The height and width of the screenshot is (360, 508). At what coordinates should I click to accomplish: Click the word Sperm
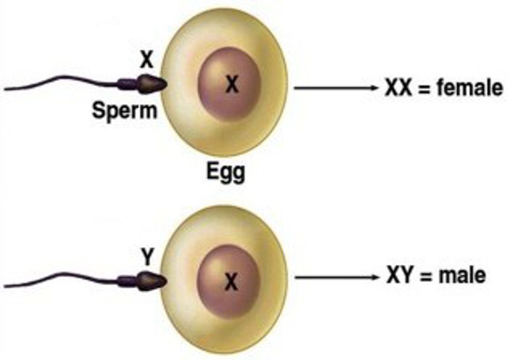click(x=124, y=109)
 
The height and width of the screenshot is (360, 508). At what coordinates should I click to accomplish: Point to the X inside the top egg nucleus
click(x=232, y=84)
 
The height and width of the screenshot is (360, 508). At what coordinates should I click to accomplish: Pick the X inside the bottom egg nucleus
click(x=231, y=282)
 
